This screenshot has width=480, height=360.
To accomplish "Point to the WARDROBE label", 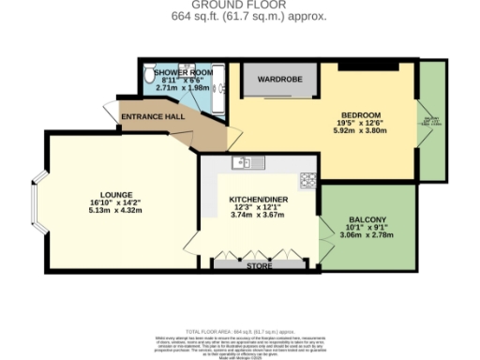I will (x=279, y=80).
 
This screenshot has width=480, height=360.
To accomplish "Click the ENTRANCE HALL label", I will (x=153, y=116).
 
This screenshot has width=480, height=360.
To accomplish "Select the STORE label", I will (x=260, y=267).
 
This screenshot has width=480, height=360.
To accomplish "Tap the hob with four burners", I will (x=307, y=180).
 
